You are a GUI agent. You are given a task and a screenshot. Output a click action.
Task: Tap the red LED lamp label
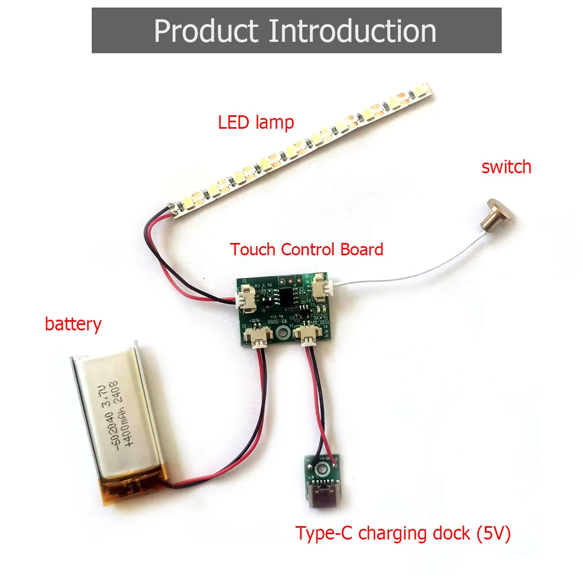256,122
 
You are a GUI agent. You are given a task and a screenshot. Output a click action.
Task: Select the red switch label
506,167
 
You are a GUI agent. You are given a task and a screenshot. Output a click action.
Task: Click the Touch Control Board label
306,249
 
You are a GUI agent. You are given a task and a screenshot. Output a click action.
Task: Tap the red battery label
73,324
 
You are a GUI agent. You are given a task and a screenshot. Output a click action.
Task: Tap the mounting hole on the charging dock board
323,470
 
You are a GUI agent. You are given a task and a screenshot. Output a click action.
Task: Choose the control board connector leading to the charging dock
309,337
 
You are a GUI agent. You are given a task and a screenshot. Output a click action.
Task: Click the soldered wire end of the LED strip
174,211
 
